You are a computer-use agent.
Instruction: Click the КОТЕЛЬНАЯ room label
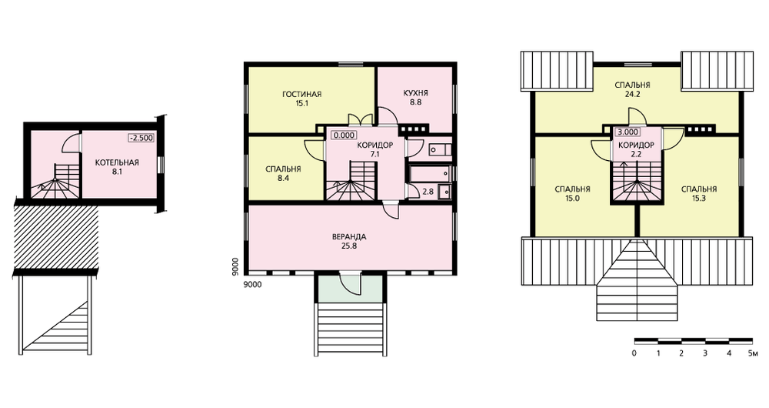click(117, 162)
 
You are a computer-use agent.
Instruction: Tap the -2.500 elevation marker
click(141, 138)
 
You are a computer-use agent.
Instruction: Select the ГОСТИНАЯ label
click(302, 94)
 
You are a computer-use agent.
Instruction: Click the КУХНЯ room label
click(416, 93)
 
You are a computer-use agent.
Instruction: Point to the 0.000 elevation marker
click(344, 135)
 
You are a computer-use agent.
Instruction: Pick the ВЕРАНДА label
click(349, 236)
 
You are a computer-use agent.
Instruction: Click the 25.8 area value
click(349, 246)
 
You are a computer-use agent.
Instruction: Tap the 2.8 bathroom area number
click(428, 192)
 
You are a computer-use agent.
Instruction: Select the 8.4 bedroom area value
click(283, 179)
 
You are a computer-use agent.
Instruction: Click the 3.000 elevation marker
click(628, 132)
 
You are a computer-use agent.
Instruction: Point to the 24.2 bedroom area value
click(633, 95)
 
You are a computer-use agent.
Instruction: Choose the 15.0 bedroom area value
click(572, 199)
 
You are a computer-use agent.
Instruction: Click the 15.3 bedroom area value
click(699, 199)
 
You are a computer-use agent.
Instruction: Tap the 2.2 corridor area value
click(636, 154)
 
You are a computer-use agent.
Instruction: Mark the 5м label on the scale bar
click(753, 353)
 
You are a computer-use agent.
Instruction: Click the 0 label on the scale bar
click(634, 353)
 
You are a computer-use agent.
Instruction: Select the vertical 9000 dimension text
click(236, 266)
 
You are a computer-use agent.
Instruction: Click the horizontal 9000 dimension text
click(252, 284)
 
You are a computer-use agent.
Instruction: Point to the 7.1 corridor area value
click(375, 154)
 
